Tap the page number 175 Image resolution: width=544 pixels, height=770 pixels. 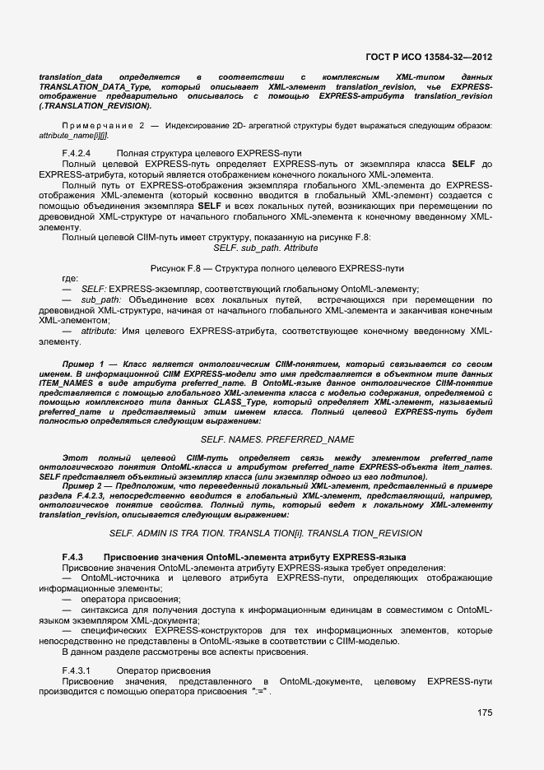tap(484, 712)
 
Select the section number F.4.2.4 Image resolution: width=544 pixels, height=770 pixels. tap(76, 153)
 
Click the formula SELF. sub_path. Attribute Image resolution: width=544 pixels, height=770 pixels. tap(265, 248)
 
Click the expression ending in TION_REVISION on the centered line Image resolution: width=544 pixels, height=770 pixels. tap(265, 533)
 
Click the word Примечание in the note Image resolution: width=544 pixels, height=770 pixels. tap(97, 125)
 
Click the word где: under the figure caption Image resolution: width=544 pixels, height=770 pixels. tap(70, 279)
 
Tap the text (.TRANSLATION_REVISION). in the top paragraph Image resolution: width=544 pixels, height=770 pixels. tap(95, 106)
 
